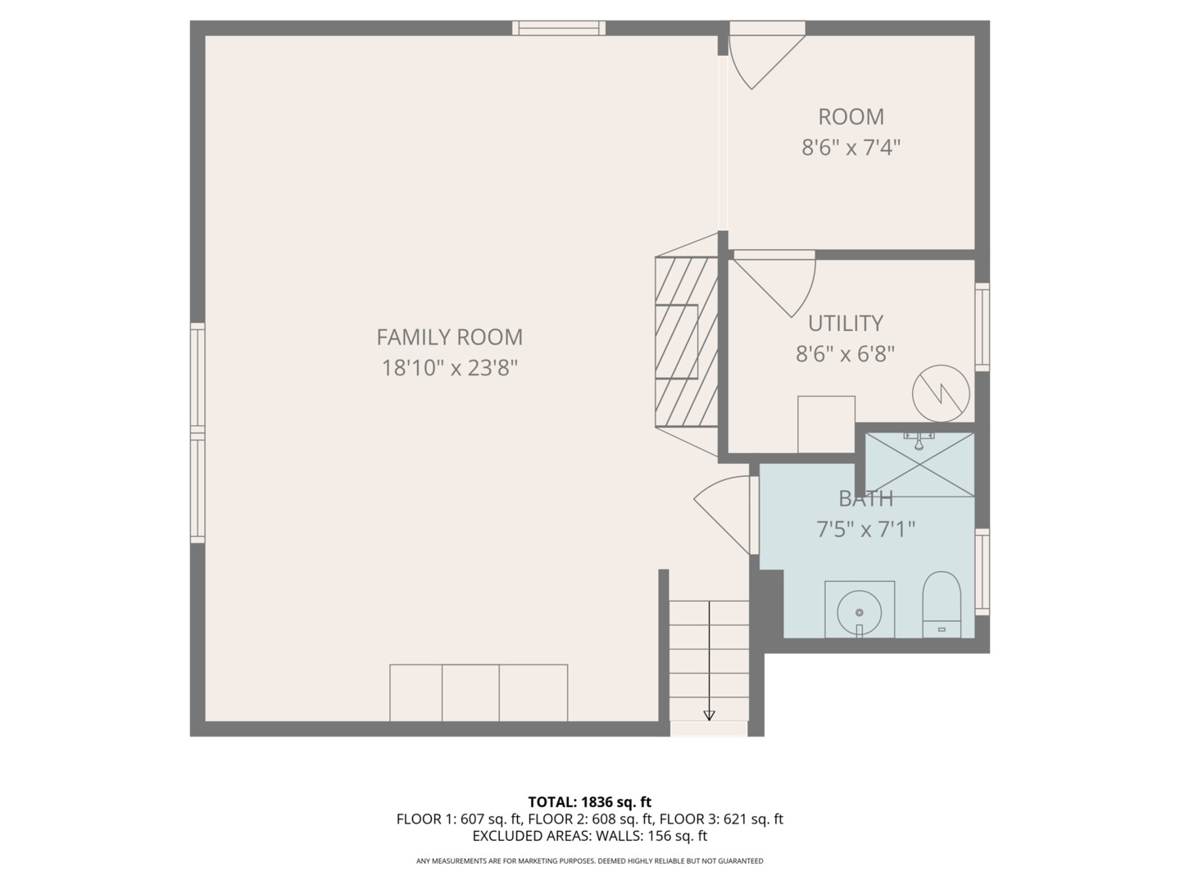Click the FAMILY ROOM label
(449, 338)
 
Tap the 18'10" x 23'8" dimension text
(449, 369)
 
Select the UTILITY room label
(846, 324)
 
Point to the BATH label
(865, 499)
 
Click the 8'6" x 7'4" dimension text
(851, 147)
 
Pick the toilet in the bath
(942, 605)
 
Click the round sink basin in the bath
(859, 613)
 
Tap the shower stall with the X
(919, 465)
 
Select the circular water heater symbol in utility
(941, 394)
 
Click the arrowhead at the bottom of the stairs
(709, 715)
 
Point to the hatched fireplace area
(687, 343)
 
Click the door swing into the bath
(722, 515)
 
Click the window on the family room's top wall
(559, 28)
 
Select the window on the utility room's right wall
(983, 327)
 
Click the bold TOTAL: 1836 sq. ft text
(590, 802)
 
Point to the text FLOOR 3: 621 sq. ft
(721, 819)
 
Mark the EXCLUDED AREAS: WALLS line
(590, 836)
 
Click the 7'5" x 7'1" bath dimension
(865, 530)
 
